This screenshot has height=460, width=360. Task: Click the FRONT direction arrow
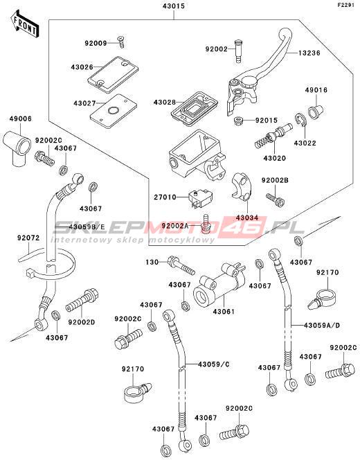[25, 25]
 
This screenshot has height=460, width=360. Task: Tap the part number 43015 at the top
[174, 6]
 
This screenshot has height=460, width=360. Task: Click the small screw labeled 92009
[121, 42]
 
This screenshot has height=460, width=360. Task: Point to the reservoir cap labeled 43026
[113, 71]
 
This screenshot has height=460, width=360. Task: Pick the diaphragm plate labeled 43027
[113, 111]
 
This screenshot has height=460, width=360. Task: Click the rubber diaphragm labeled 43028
[195, 109]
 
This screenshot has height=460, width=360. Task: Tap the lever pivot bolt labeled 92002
[239, 51]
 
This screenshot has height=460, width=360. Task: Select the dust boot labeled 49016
[316, 112]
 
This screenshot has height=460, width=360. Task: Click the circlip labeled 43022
[300, 121]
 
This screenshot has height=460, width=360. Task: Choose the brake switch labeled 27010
[201, 199]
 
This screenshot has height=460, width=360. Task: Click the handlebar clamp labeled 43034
[242, 187]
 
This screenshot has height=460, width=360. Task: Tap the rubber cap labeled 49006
[17, 148]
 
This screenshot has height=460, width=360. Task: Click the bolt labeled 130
[181, 265]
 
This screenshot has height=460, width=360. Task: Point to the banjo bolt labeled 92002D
[82, 300]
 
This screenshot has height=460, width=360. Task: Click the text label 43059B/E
[87, 227]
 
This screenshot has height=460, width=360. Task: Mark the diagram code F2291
[348, 5]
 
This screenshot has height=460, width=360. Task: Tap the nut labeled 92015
[239, 121]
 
